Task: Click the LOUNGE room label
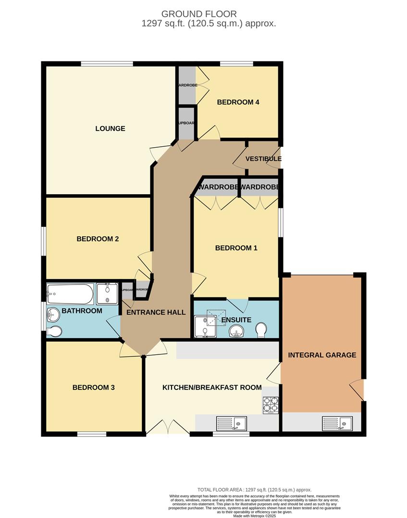[110, 129]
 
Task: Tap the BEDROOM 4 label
[238, 102]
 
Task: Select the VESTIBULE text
[263, 159]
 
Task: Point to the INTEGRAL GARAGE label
[322, 355]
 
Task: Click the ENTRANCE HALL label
[156, 312]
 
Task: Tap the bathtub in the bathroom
[70, 294]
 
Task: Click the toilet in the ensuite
[262, 330]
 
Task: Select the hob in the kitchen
[271, 405]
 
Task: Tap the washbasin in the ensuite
[236, 331]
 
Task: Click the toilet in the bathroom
[54, 332]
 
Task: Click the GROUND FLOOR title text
[199, 14]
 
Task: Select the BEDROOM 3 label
[93, 388]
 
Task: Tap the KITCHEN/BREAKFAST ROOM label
[212, 388]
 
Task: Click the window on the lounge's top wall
[107, 63]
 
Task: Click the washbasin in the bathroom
[53, 315]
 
